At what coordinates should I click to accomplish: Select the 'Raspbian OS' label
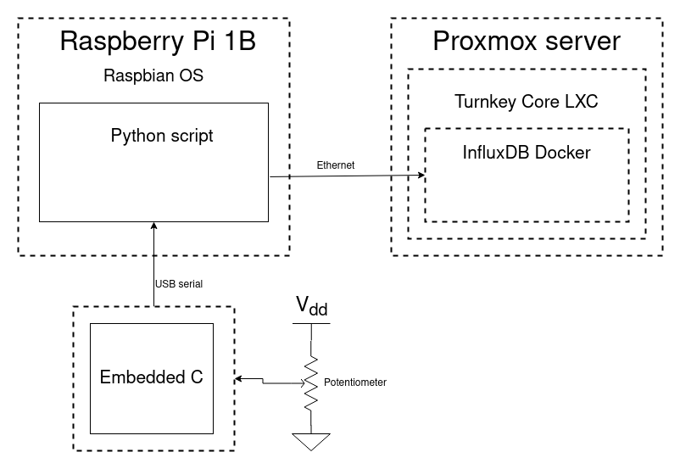click(x=153, y=75)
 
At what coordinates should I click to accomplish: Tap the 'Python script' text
click(x=162, y=135)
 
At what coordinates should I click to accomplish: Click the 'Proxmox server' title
click(x=527, y=41)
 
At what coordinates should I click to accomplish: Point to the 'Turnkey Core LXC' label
click(x=527, y=102)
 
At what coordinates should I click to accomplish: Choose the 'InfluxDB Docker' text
click(x=527, y=153)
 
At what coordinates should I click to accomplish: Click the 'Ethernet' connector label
click(x=335, y=165)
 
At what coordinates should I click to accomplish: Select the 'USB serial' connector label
click(x=179, y=283)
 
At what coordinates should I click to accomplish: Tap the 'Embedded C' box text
click(x=152, y=377)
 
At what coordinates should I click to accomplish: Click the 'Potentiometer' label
click(x=355, y=382)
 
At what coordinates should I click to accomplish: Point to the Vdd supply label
click(x=311, y=305)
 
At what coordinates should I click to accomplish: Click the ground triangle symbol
click(x=311, y=441)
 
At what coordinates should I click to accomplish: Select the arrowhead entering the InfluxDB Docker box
click(x=420, y=176)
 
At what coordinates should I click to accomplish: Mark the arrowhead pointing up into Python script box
click(x=153, y=226)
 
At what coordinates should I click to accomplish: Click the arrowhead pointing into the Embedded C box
click(x=240, y=378)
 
